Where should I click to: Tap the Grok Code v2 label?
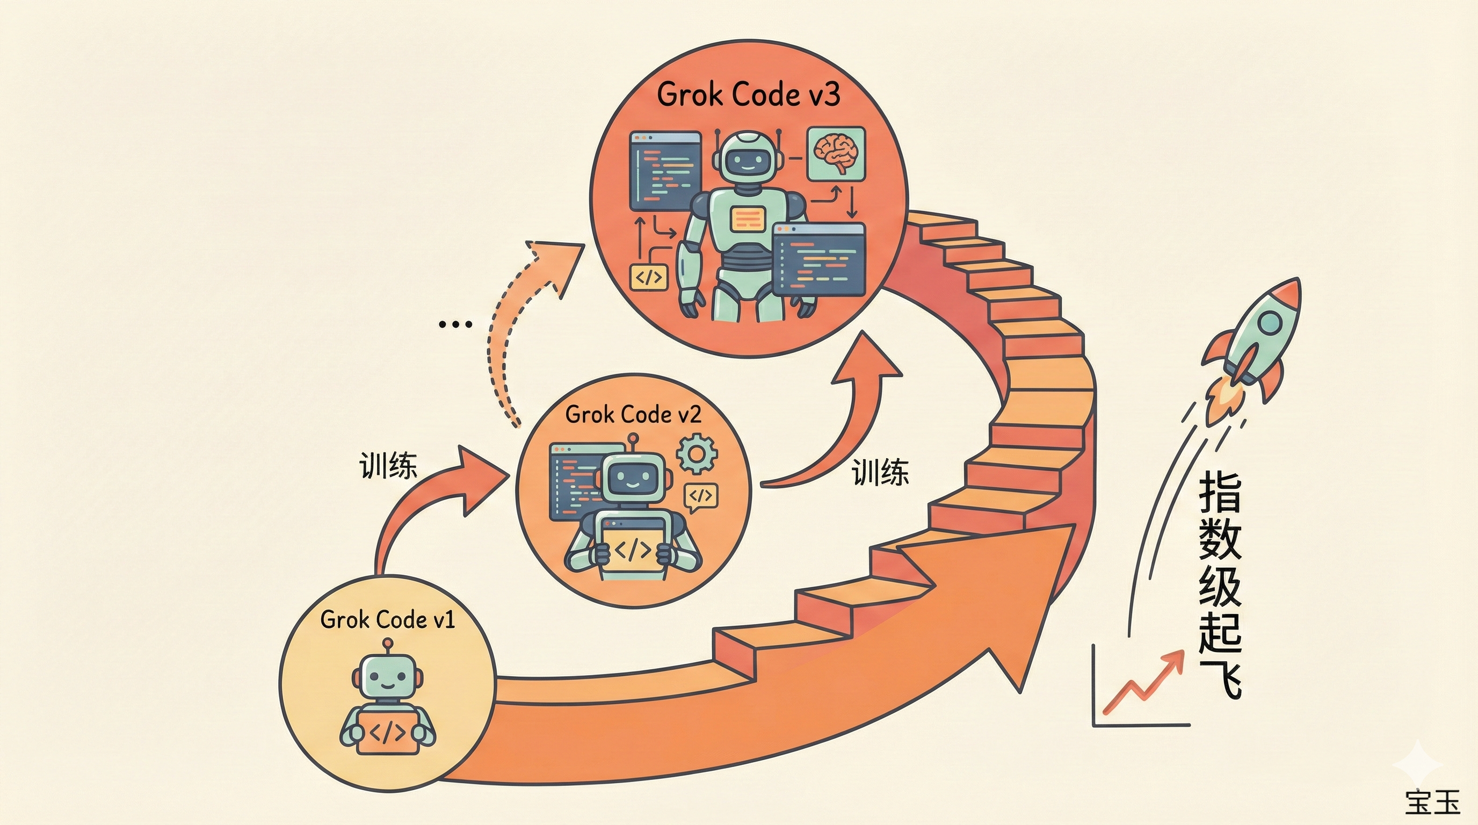tap(633, 414)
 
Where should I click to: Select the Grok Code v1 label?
tap(387, 620)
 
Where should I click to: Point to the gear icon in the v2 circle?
tap(696, 454)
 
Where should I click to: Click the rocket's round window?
tap(1269, 323)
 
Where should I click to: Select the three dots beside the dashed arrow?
tap(454, 325)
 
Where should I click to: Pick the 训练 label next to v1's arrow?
tap(388, 465)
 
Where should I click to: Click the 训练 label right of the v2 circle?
tap(880, 473)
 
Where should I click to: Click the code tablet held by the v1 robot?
tap(388, 732)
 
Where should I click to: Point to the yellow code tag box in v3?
tap(649, 278)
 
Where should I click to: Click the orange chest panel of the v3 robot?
tap(748, 219)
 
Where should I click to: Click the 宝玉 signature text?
tap(1433, 801)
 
